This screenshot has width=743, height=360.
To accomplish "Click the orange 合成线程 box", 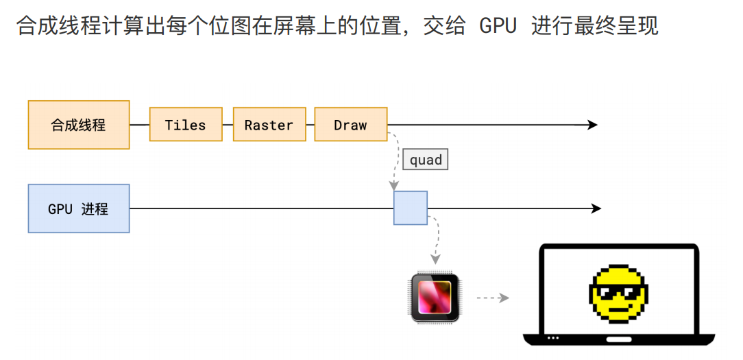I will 79,125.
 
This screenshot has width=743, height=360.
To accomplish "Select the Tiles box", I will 186,125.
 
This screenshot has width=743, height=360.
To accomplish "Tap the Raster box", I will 269,125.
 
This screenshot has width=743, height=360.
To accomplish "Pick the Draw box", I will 351,125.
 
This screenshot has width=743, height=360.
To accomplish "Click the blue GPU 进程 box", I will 79,208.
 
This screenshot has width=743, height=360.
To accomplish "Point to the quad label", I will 426,160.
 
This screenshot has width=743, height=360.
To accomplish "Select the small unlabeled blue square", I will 411,208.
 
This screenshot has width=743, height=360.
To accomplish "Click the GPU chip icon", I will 435,298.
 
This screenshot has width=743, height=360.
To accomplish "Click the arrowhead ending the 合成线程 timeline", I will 592,125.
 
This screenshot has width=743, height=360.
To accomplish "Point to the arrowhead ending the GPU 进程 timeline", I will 596,208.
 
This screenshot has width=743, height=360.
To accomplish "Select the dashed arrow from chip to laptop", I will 492,298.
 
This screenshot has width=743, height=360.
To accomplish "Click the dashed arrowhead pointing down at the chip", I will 435,260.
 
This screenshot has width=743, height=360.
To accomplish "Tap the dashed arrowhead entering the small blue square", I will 394,185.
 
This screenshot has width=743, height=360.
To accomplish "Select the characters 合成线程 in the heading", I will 47,26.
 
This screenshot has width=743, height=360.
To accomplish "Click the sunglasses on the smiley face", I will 618,294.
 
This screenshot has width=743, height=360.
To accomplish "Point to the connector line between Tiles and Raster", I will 228,125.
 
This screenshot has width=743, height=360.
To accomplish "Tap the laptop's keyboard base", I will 619,339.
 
